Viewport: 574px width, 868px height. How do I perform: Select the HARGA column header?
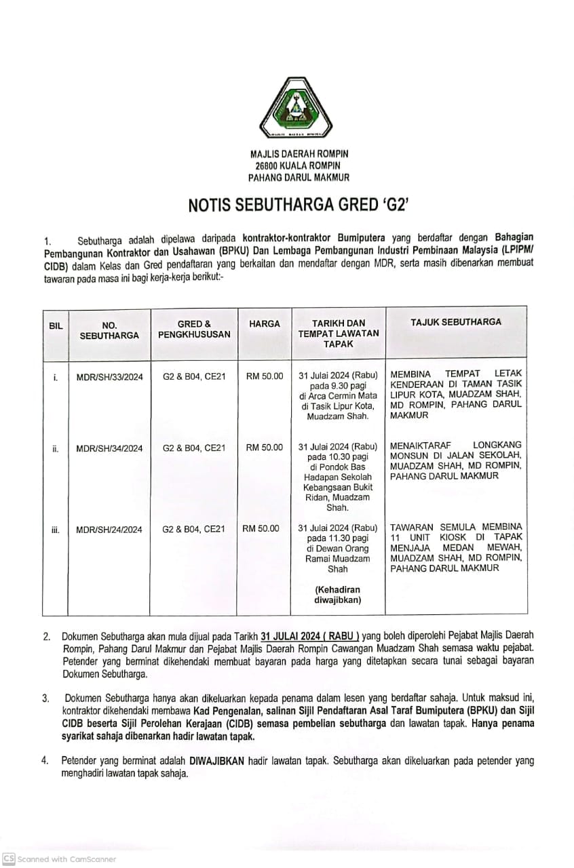(x=265, y=324)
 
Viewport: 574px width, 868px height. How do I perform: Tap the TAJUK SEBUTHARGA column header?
(x=456, y=322)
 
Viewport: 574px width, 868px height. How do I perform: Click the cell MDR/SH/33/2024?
(x=109, y=377)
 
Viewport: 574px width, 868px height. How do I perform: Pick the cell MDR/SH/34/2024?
(x=109, y=448)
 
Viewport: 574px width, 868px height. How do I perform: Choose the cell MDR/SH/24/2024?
(x=109, y=530)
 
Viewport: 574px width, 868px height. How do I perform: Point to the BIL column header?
(x=56, y=325)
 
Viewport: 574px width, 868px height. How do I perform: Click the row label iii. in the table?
(x=56, y=530)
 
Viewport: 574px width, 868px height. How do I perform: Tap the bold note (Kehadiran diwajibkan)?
(x=337, y=594)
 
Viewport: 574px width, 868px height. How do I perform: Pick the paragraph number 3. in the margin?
(x=45, y=697)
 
